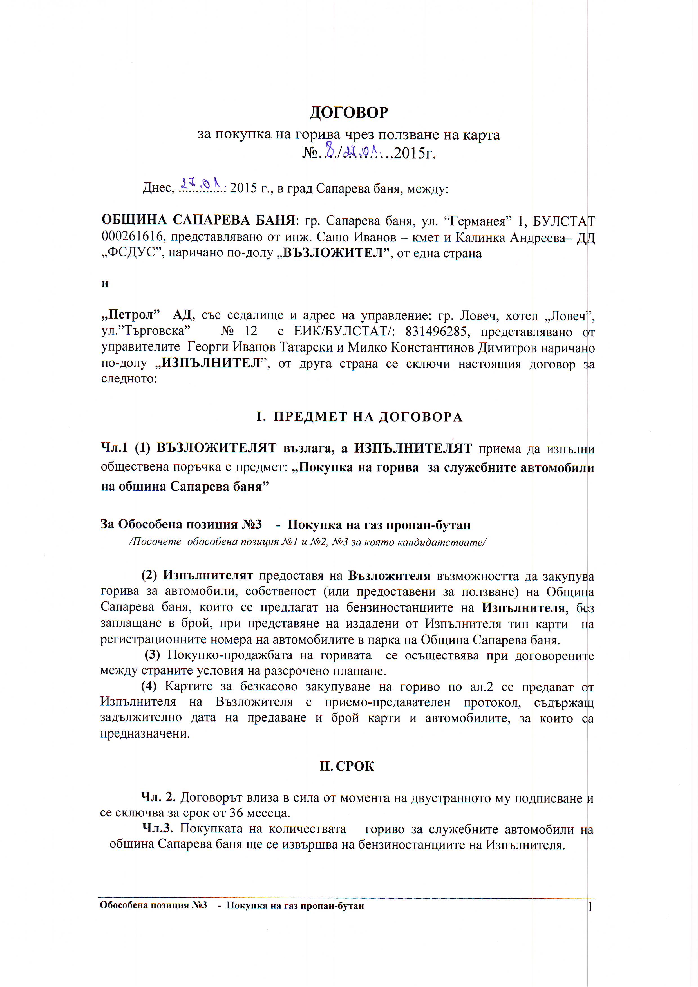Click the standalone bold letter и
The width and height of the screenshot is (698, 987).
tap(105, 283)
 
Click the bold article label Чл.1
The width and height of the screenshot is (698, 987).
tap(114, 448)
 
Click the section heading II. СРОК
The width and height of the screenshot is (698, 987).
tap(347, 766)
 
